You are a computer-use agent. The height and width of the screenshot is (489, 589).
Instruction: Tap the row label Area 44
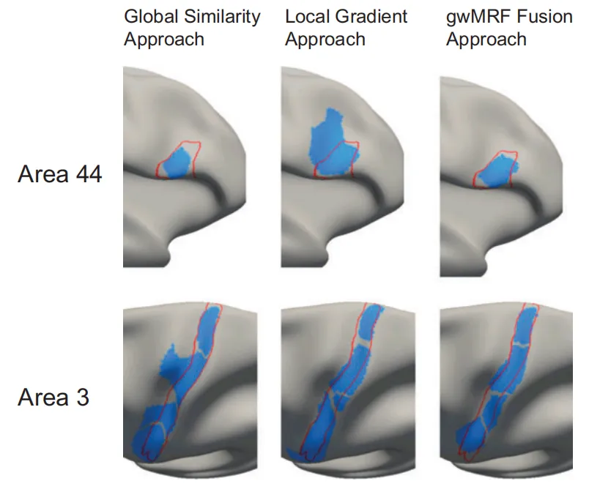point(59,176)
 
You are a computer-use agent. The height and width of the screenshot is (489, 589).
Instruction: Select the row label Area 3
point(53,397)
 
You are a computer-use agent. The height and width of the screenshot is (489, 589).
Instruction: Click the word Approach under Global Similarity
point(163,39)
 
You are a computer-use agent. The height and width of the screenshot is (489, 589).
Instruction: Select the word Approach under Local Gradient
point(325,39)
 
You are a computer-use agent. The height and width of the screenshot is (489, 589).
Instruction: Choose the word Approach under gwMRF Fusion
point(486,39)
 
